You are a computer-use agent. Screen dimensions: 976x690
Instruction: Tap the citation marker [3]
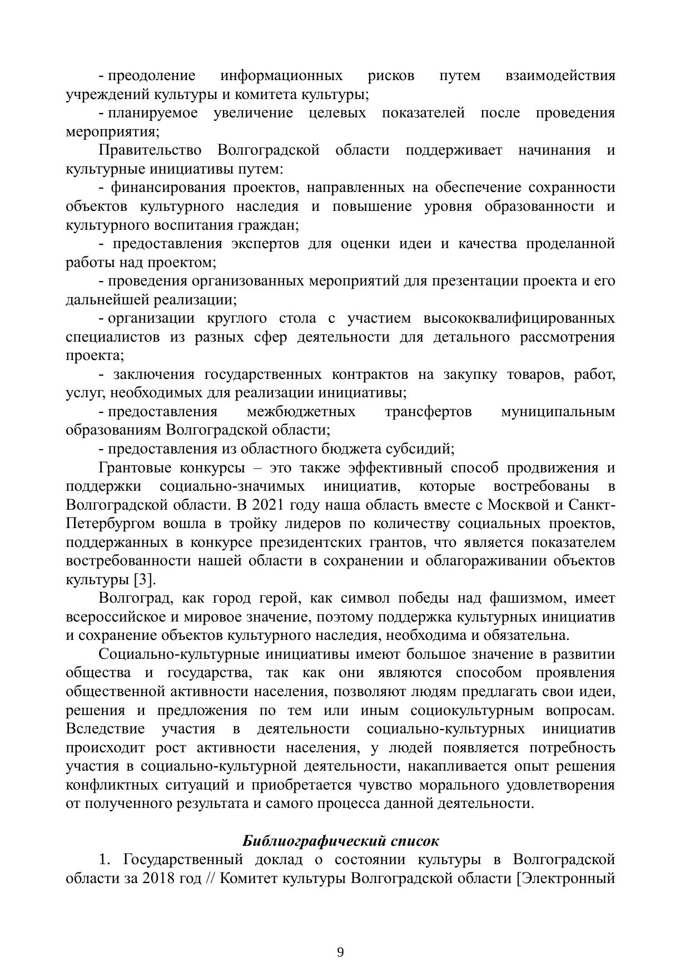[x=144, y=579]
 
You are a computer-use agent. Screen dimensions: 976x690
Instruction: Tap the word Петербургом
[x=111, y=524]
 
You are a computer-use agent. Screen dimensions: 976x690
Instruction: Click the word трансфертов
[x=428, y=412]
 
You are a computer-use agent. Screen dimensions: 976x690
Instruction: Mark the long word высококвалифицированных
[x=519, y=318]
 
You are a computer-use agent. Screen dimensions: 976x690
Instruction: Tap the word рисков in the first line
[x=391, y=76]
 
